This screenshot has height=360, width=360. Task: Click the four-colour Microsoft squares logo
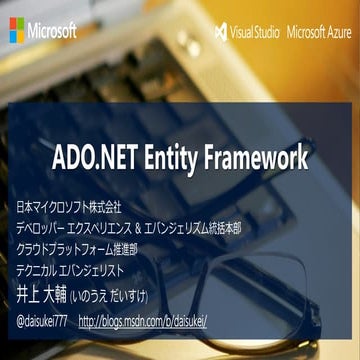[18, 30]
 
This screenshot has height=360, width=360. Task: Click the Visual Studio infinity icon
[221, 31]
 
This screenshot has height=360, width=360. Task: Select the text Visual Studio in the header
[255, 31]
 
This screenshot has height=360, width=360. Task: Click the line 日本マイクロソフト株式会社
[69, 208]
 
